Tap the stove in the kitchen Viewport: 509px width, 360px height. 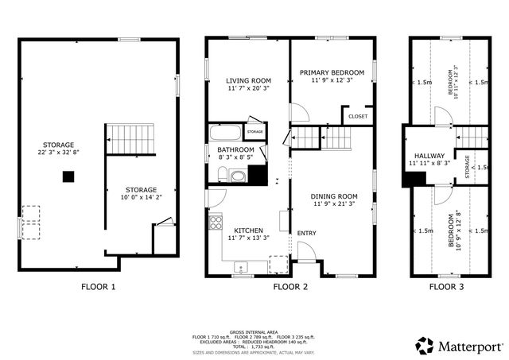click(x=214, y=223)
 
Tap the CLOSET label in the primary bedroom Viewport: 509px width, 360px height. click(x=358, y=116)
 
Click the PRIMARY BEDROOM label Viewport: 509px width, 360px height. click(x=332, y=72)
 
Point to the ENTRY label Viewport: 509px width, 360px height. click(x=306, y=233)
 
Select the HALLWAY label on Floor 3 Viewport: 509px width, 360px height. click(x=429, y=155)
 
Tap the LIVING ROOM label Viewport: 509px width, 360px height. click(x=248, y=80)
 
